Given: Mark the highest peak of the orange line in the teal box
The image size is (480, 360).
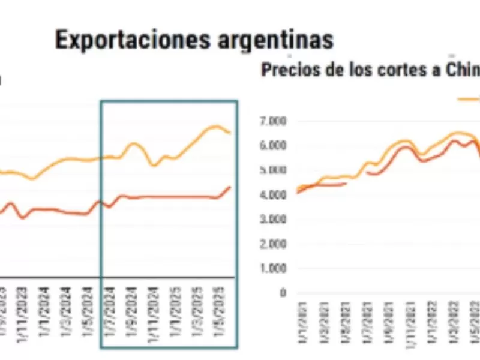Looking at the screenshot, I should (x=215, y=126).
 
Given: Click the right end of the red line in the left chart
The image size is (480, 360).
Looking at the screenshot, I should (x=230, y=187).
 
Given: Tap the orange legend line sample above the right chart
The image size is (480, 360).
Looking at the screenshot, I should (x=469, y=99).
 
